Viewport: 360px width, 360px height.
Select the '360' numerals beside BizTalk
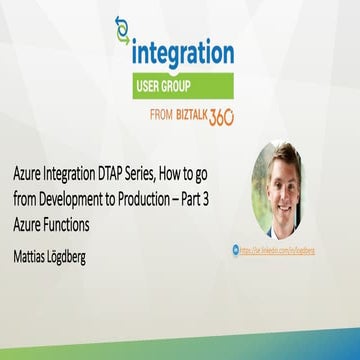[221, 115]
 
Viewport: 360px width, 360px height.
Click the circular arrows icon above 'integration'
[123, 30]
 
